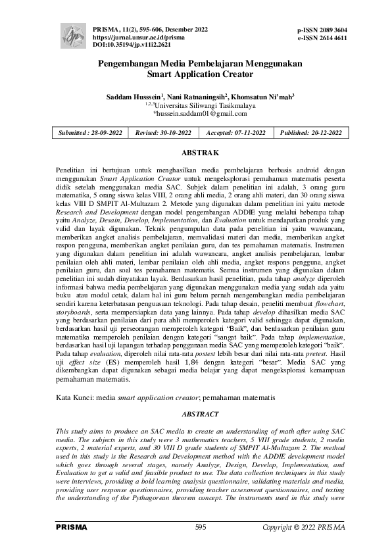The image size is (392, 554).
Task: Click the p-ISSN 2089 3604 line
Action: click(322, 30)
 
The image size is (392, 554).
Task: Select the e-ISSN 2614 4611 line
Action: click(322, 39)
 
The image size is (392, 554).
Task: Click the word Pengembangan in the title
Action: click(132, 64)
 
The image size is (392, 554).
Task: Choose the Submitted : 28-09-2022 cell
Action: click(91, 132)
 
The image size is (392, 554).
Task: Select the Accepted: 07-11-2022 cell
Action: click(236, 132)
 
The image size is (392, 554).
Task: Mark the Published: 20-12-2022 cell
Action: click(311, 132)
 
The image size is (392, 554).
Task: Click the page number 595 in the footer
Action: click(201, 528)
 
